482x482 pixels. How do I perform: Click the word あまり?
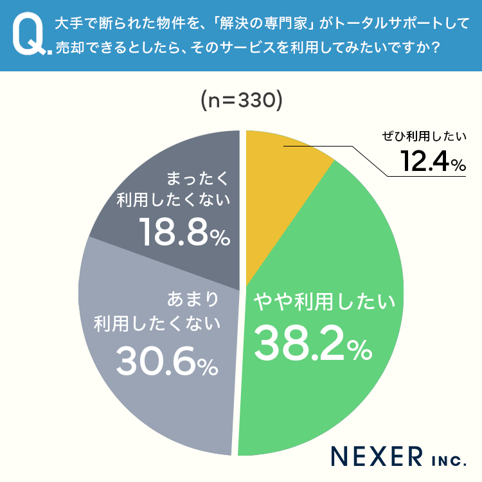[192, 299]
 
